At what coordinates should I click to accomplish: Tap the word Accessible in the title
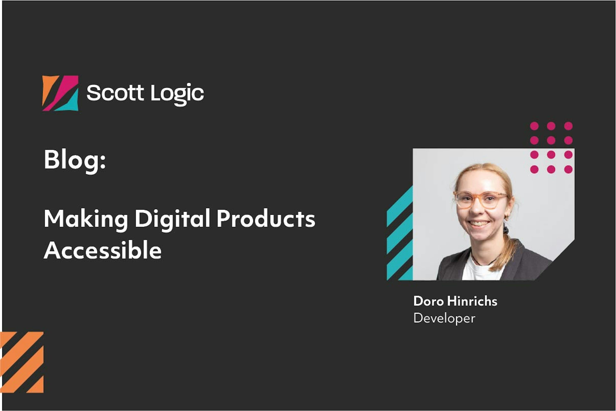(103, 250)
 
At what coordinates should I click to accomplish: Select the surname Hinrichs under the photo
(472, 301)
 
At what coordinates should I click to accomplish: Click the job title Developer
(444, 318)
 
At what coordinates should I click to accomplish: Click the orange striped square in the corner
(22, 362)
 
